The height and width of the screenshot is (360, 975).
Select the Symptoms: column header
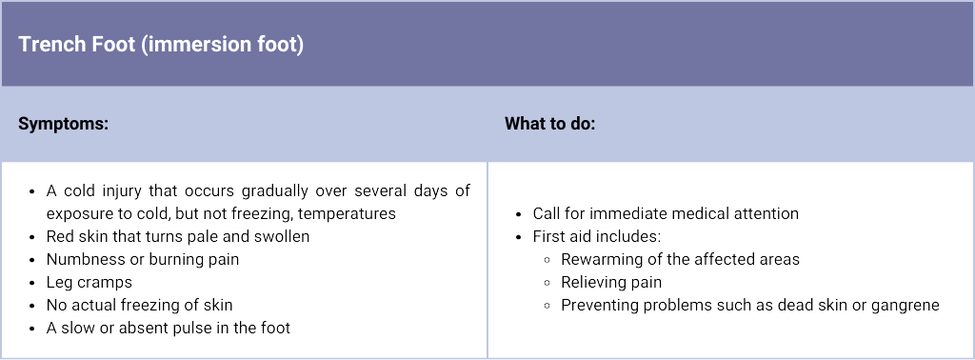[x=64, y=124]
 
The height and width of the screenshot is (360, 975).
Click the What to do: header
[x=549, y=124]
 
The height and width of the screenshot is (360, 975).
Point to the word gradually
[x=274, y=190]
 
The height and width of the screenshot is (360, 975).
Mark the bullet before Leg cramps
[x=32, y=283]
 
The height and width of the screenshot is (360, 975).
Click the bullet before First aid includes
[x=519, y=237]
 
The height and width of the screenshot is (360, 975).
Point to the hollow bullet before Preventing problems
[x=547, y=306]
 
